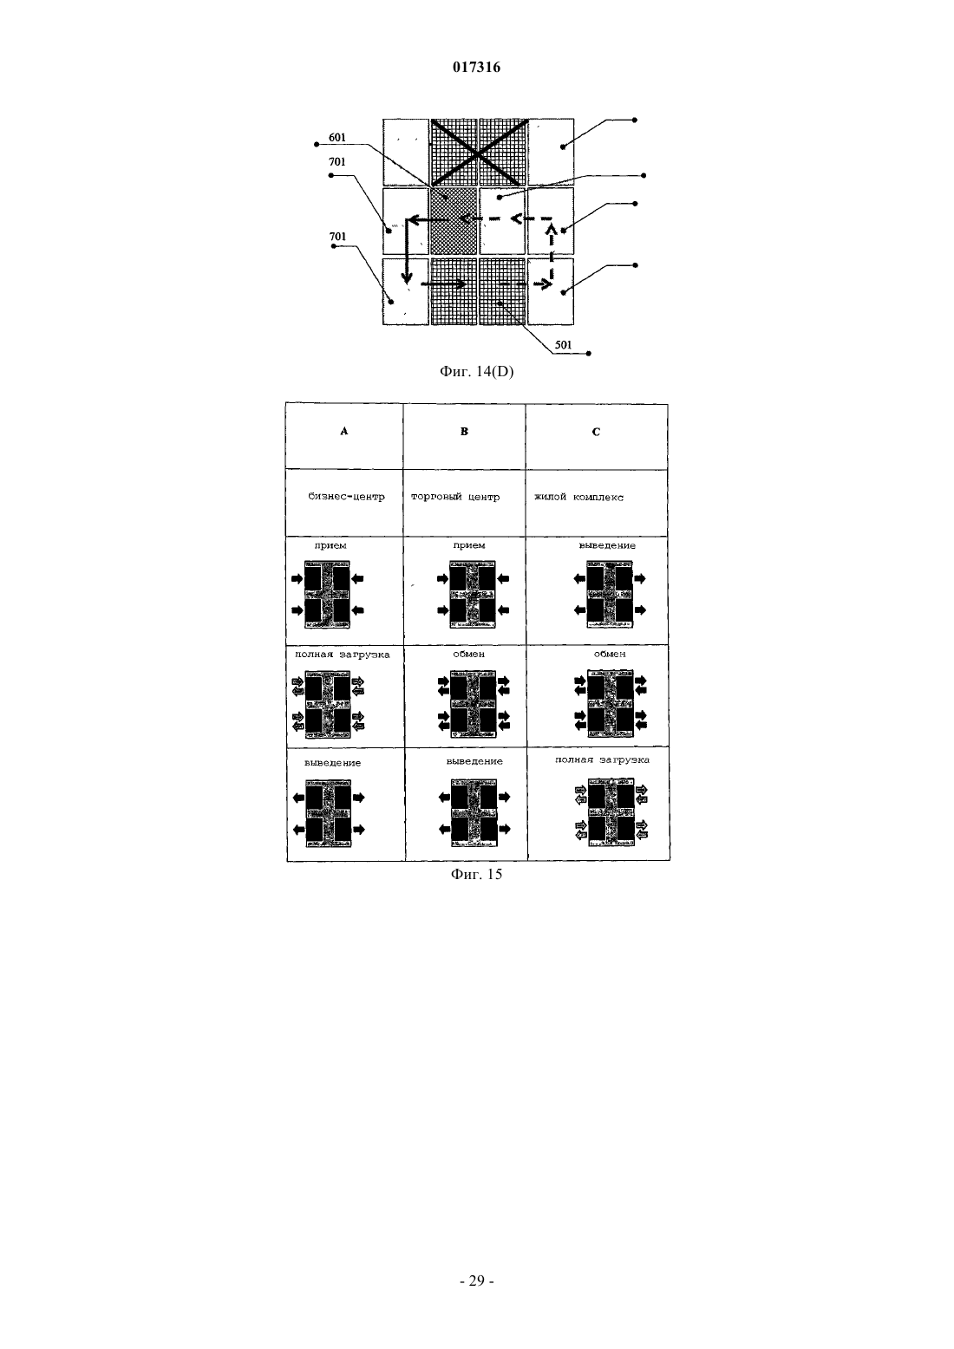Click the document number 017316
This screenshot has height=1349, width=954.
pyautogui.click(x=476, y=68)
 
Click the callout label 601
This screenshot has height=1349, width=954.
pyautogui.click(x=337, y=138)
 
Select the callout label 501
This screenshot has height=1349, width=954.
pyautogui.click(x=563, y=345)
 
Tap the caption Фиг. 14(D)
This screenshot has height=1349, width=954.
pyautogui.click(x=476, y=372)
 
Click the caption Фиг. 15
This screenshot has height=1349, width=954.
pyautogui.click(x=476, y=875)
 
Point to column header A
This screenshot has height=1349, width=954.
pyautogui.click(x=344, y=431)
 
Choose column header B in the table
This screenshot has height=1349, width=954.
pyautogui.click(x=464, y=431)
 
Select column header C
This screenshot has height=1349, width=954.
pyautogui.click(x=597, y=432)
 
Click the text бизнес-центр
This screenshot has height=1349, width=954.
pyautogui.click(x=346, y=497)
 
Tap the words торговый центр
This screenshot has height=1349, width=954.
pyautogui.click(x=455, y=497)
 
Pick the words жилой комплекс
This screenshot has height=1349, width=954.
pyautogui.click(x=578, y=497)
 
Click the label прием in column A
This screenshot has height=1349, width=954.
pyautogui.click(x=330, y=545)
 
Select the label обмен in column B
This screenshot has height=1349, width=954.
pyautogui.click(x=468, y=654)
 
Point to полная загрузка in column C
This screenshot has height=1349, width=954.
pyautogui.click(x=602, y=760)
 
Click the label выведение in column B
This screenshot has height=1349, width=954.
pyautogui.click(x=474, y=761)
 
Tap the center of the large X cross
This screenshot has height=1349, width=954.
pyautogui.click(x=477, y=153)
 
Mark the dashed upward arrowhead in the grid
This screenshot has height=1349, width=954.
pyautogui.click(x=551, y=230)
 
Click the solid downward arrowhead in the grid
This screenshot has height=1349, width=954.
pyautogui.click(x=407, y=278)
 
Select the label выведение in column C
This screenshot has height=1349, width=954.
pyautogui.click(x=607, y=545)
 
